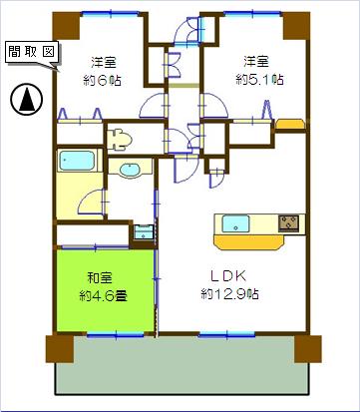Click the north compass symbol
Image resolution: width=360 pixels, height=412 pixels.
(x=27, y=99)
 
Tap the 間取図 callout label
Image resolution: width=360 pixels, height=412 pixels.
(x=32, y=52)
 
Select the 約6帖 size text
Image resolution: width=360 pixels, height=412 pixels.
(x=102, y=81)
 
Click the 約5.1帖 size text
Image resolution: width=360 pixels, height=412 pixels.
(x=259, y=80)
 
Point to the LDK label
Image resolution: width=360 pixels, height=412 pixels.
(x=229, y=275)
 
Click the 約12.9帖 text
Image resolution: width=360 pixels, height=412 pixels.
(x=229, y=294)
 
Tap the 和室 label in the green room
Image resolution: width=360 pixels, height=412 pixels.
(x=100, y=278)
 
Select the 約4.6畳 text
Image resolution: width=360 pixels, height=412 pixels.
(x=103, y=295)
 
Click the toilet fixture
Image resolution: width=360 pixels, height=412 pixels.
(x=119, y=140)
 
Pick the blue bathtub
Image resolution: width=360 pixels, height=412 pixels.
(x=77, y=161)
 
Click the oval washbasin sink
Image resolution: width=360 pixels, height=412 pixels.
(x=131, y=170)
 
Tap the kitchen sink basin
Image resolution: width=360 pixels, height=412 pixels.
(x=235, y=223)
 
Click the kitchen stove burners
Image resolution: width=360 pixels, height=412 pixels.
(x=288, y=222)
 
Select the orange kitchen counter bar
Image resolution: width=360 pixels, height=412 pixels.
(x=250, y=242)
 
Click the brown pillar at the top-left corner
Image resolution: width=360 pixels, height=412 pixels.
(x=67, y=26)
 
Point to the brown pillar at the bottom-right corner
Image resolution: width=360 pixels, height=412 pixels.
(x=308, y=349)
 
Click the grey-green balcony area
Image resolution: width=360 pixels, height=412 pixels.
(x=182, y=366)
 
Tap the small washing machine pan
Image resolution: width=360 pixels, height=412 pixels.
(x=144, y=232)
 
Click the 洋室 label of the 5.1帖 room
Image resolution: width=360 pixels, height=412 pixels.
(x=256, y=62)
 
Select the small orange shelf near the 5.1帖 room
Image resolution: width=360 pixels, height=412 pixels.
(x=290, y=124)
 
